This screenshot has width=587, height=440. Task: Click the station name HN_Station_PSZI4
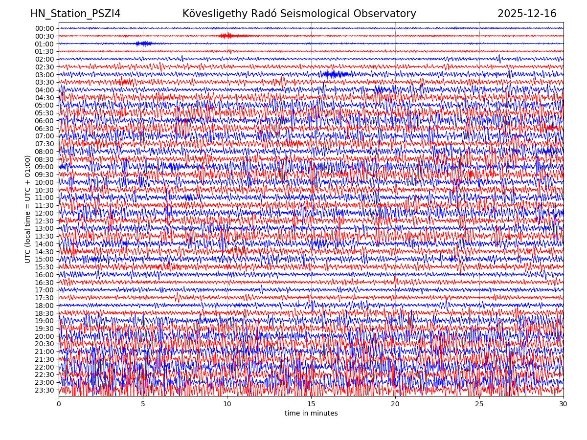(75, 14)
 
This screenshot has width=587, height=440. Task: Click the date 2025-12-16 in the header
(527, 14)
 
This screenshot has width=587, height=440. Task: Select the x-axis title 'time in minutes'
(311, 413)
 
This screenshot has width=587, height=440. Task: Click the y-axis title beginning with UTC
(28, 209)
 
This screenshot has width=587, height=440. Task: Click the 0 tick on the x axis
(59, 404)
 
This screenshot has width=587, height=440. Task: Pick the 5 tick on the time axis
(143, 404)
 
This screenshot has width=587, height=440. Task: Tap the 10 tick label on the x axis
(227, 404)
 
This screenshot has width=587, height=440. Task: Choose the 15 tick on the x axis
(311, 404)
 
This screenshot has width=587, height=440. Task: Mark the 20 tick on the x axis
(395, 404)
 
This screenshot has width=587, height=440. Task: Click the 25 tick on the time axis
(479, 404)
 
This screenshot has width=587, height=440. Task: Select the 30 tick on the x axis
(564, 404)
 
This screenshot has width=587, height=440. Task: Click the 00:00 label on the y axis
(45, 28)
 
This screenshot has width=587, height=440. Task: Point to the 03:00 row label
(45, 74)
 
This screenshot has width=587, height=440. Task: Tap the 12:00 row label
(45, 213)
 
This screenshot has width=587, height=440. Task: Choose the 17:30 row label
(45, 298)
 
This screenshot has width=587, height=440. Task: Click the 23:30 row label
(45, 390)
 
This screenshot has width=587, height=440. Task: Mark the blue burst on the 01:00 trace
(144, 44)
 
